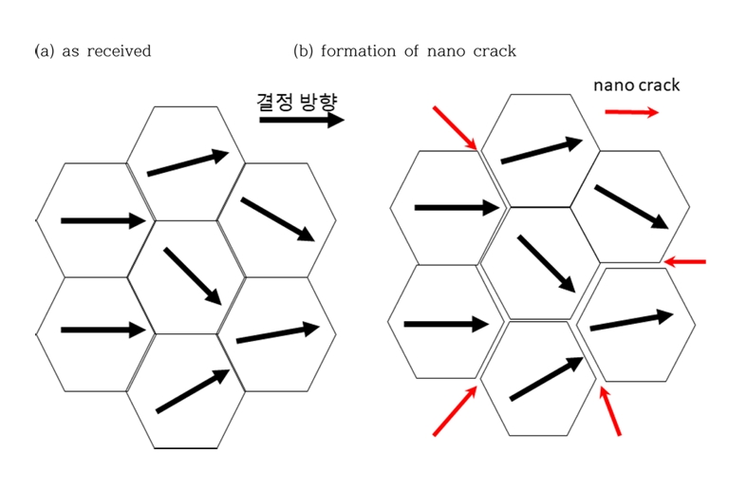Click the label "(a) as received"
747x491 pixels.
93,51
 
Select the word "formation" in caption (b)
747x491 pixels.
358,51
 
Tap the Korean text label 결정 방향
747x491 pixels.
297,102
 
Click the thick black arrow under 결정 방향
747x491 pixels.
302,120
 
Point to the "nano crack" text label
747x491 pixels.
636,85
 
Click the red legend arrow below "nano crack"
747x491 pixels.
632,112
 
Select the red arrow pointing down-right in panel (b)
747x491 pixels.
455,128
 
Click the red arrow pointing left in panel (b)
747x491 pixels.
684,262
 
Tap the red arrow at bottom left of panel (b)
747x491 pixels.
455,411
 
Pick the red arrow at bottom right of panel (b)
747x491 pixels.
609,411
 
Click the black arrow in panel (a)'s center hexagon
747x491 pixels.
193,276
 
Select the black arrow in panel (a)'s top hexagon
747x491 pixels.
188,162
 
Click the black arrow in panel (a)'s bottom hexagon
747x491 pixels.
194,391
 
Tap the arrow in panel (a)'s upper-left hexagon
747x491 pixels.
103,220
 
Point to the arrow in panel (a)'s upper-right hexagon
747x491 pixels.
278,219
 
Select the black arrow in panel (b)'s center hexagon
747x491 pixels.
547,264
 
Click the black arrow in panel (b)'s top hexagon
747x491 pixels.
542,150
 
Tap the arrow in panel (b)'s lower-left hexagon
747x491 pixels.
446,324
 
